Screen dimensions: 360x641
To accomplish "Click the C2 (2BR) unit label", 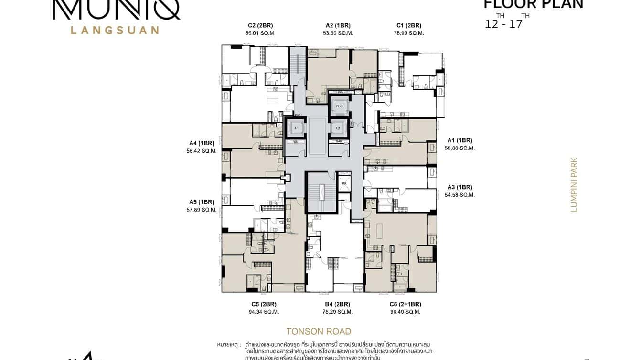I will point(260,25).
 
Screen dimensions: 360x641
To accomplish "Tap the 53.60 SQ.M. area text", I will point(338,33).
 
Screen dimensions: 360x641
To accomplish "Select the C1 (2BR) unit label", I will point(409,25).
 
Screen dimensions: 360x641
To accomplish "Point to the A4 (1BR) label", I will point(202,143).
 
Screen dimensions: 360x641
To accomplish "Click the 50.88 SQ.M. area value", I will point(459,148).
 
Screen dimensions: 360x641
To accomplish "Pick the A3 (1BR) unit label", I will point(459,187).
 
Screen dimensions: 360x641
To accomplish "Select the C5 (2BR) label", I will point(264,304).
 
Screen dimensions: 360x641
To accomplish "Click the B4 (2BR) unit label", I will point(338,304).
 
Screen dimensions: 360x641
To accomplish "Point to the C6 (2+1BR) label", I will point(405,304).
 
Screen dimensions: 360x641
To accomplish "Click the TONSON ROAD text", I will point(319,331).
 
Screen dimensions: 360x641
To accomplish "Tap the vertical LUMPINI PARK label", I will point(574,185).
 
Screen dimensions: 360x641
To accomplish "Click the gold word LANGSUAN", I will point(115,30).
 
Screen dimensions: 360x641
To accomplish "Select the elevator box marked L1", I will point(296,128).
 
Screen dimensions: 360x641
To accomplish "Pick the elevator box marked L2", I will point(338,128).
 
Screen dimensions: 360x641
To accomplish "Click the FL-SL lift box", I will point(340,106).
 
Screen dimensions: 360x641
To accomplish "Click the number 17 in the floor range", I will point(516,24).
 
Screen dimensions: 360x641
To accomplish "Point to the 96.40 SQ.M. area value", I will point(405,312).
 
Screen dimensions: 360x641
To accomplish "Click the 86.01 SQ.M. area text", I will point(260,33).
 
